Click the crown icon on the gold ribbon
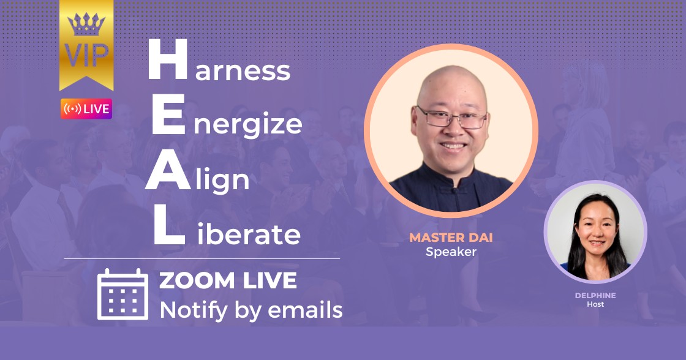86,24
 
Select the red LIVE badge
86,109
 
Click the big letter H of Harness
168,59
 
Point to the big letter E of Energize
168,114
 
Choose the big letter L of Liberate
169,225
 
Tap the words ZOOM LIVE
228,281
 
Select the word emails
305,310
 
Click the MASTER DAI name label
451,238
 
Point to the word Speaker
451,252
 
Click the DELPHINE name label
595,295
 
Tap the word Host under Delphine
595,304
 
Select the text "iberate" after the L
249,234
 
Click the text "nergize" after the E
247,126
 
